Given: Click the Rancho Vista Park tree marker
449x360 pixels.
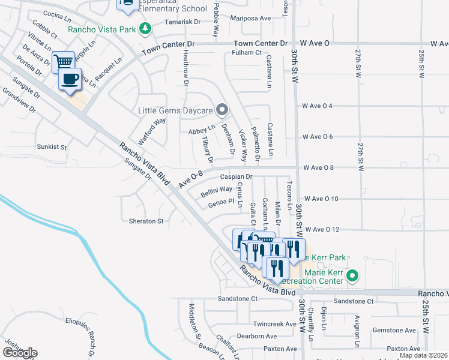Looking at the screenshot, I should [x=145, y=28].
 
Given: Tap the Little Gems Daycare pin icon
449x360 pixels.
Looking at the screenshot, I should [x=222, y=110].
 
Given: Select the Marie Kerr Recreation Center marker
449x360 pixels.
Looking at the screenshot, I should [x=352, y=276].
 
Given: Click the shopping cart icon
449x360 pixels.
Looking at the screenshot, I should [x=63, y=62].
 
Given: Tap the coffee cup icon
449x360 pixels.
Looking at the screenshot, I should [x=70, y=79].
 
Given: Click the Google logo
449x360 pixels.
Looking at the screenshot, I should [x=20, y=353].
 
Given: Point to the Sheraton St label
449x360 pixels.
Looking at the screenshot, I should [x=146, y=221].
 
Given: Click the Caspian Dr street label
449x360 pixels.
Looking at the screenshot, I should [x=236, y=177].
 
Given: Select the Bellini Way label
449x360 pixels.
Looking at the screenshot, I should [x=217, y=190].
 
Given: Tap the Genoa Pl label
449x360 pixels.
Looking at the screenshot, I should [x=220, y=203].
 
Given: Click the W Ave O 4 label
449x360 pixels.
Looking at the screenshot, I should [x=318, y=106].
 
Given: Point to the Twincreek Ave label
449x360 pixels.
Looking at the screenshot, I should [x=275, y=323].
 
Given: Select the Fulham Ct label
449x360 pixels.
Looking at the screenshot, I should [x=247, y=53].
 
